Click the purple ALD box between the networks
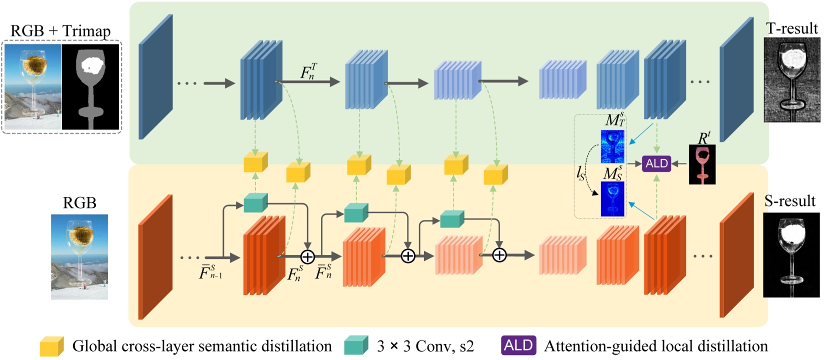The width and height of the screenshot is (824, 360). pos(656,163)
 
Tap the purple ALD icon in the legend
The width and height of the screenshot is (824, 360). pos(518,345)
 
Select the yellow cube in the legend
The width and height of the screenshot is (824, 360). pos(52,346)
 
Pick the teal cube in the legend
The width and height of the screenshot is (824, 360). pos(356,345)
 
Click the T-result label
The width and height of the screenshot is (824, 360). pos(792,28)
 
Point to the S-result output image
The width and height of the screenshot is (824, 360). pos(791,255)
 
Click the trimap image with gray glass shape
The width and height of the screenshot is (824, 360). pos(90,86)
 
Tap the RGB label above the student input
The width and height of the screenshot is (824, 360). pos(79,203)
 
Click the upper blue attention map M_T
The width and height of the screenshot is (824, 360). pos(612,146)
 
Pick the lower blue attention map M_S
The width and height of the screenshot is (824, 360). pos(612,199)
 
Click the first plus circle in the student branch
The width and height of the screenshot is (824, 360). pos(307,257)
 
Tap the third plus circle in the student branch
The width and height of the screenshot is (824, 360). pos(499,255)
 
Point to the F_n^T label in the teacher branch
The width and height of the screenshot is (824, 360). pos(308,72)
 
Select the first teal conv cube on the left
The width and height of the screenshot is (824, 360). pos(255,203)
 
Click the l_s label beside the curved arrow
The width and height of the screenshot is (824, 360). pos(580,173)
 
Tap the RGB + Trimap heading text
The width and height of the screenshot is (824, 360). pos(60,31)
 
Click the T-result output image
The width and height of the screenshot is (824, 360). pos(792,80)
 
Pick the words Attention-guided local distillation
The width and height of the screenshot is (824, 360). pos(655,346)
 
